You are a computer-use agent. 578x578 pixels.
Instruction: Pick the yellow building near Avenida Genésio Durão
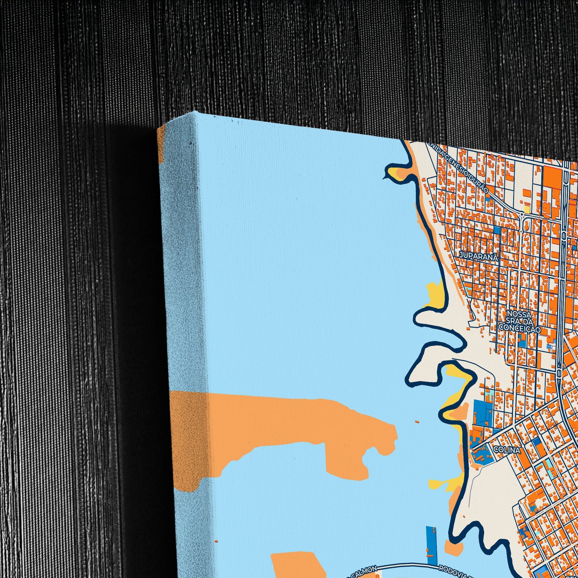pyautogui.click(x=527, y=209)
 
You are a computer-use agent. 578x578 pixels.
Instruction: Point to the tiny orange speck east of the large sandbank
pyautogui.click(x=417, y=422)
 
